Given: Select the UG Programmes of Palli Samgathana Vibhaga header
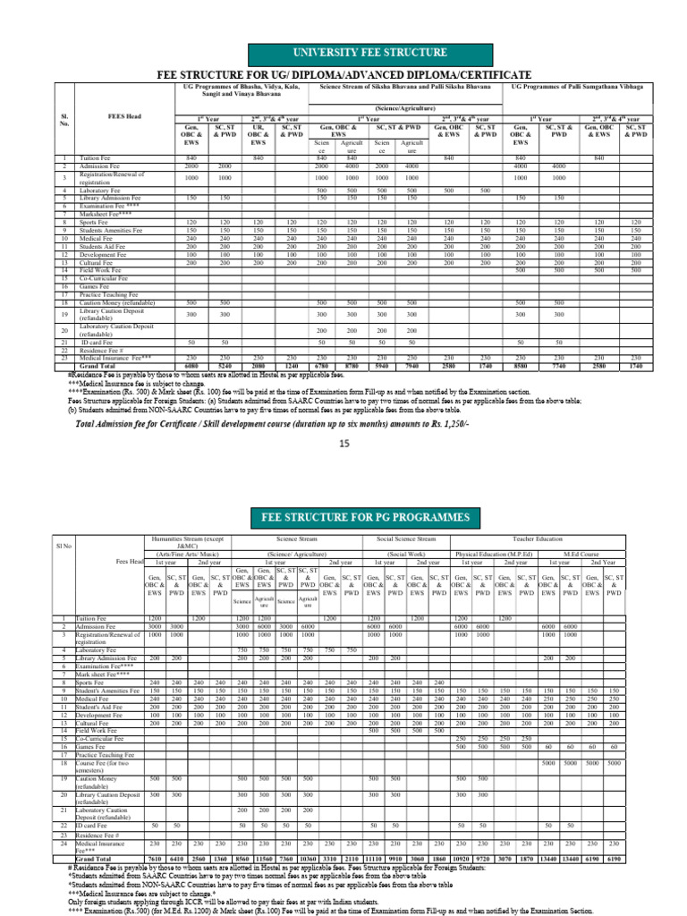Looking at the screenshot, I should tap(581, 88).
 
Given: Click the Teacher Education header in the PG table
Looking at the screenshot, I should tap(535, 540).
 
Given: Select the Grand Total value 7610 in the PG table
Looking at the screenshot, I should tap(155, 859).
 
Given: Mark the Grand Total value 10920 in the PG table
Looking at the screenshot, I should tap(462, 859).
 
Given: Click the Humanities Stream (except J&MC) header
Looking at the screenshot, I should tap(188, 544).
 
